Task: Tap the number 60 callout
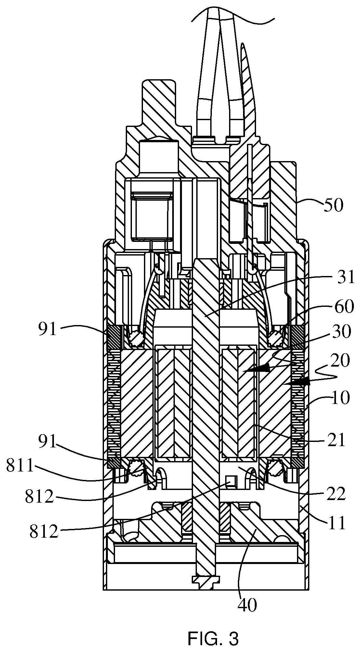pyautogui.click(x=343, y=307)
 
